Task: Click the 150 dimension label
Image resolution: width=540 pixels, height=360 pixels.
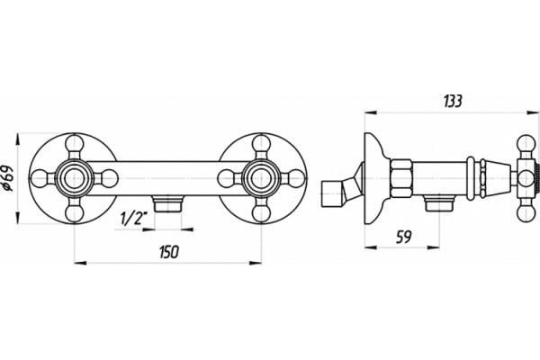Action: [169, 252]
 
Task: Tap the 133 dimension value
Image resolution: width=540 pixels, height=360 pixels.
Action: [453, 102]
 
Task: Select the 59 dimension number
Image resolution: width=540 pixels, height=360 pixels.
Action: [404, 237]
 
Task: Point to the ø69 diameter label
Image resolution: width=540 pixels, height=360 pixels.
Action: [7, 178]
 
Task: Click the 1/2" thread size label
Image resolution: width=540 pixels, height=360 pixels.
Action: [133, 219]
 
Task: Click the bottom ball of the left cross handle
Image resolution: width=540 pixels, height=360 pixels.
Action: [75, 213]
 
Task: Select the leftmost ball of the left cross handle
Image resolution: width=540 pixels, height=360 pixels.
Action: [38, 179]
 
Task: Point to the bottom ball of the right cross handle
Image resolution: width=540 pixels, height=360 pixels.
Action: [261, 213]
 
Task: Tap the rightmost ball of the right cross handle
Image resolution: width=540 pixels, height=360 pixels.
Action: [296, 179]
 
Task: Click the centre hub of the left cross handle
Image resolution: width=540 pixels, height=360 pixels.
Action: [75, 179]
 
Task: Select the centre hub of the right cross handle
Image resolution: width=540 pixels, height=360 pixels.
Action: [261, 179]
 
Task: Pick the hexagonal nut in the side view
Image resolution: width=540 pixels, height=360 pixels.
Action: [401, 179]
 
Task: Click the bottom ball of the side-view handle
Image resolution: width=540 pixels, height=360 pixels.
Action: [526, 213]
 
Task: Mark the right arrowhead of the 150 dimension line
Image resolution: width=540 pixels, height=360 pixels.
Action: [256, 264]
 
